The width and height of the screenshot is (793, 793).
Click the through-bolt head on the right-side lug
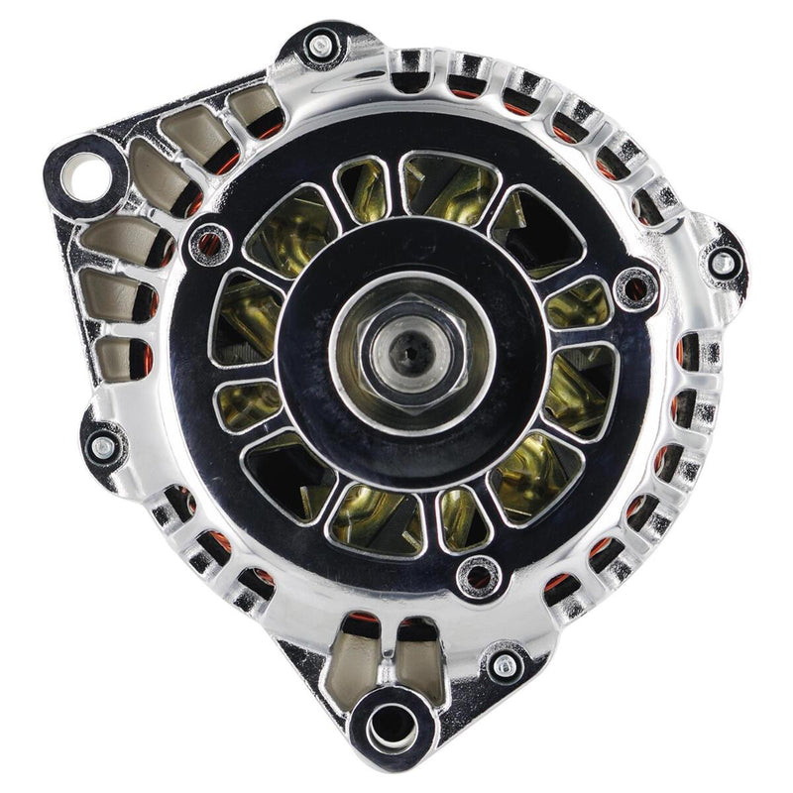tap(723, 263)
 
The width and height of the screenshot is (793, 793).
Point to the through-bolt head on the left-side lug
tap(102, 447)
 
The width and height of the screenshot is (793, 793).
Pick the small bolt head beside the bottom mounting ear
tap(505, 665)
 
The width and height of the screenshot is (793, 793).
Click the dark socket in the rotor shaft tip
tap(409, 351)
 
